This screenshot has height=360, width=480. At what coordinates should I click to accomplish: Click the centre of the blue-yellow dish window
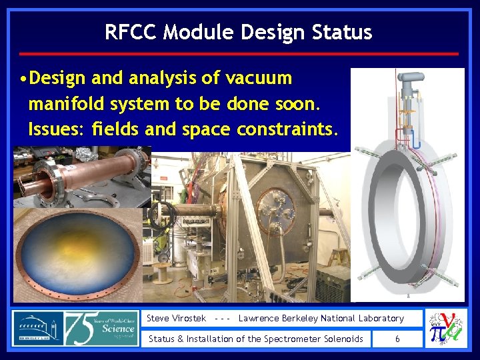(x=79, y=254)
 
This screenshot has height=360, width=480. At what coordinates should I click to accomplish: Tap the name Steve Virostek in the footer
(x=176, y=319)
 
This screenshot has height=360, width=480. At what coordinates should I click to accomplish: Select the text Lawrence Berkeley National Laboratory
(x=321, y=319)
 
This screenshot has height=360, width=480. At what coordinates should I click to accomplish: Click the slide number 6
(x=397, y=339)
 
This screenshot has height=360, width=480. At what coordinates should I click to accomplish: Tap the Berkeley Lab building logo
(x=37, y=328)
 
